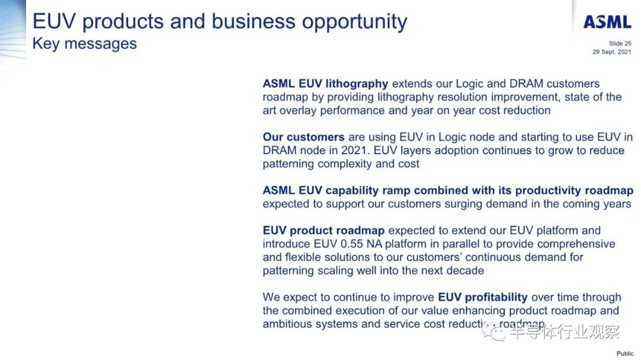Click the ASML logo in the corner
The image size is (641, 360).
pos(607,22)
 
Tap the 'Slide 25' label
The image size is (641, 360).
pos(620,43)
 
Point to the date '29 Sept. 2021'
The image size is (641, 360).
pos(612,52)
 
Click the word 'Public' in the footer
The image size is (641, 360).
pos(625,353)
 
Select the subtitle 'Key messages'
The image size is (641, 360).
pos(85,44)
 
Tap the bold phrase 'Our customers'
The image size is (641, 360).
pos(304,137)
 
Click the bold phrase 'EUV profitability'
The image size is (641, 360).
pos(483,297)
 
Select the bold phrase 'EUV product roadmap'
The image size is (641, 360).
pos(324,231)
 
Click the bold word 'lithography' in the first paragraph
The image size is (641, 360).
pos(357,84)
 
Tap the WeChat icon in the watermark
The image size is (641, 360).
pos(494,331)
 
